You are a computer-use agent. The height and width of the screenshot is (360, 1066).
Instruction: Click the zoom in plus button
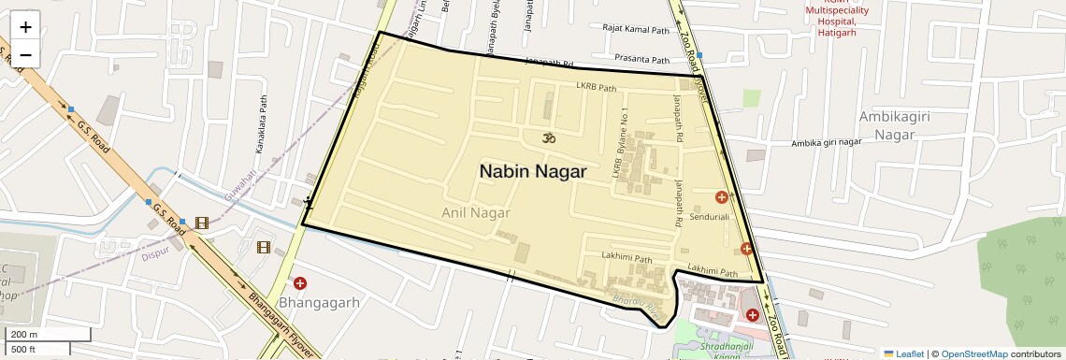[x=25, y=27]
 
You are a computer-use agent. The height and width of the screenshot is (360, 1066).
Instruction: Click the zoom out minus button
[x=25, y=54]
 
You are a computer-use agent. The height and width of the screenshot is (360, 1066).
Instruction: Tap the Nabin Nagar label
[x=533, y=171]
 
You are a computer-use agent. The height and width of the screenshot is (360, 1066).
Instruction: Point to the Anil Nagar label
[x=476, y=213]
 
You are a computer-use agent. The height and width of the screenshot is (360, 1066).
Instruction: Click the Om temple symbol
[x=547, y=138]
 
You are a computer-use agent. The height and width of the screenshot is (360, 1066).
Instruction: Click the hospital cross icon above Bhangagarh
[x=300, y=283]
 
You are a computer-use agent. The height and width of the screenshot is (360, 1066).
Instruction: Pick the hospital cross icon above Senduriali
[x=721, y=197]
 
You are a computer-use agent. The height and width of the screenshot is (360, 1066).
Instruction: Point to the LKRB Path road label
[x=597, y=89]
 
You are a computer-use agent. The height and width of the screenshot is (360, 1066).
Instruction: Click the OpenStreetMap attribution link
[x=973, y=353]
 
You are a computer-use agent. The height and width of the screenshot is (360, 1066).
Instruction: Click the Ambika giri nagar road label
[x=826, y=142]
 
